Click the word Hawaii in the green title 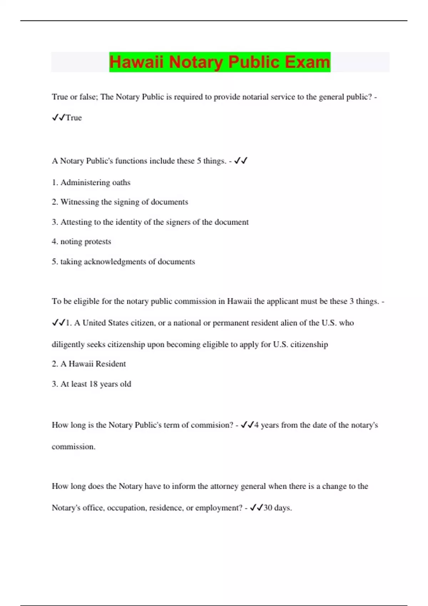(x=136, y=62)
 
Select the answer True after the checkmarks (x=74, y=118)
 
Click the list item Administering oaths (x=95, y=183)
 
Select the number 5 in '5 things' (x=199, y=161)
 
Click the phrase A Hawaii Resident (x=93, y=364)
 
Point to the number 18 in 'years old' (x=93, y=384)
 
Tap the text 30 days (x=277, y=508)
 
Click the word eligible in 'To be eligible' (x=87, y=301)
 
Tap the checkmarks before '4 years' (x=247, y=425)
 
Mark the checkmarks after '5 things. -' (x=241, y=161)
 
